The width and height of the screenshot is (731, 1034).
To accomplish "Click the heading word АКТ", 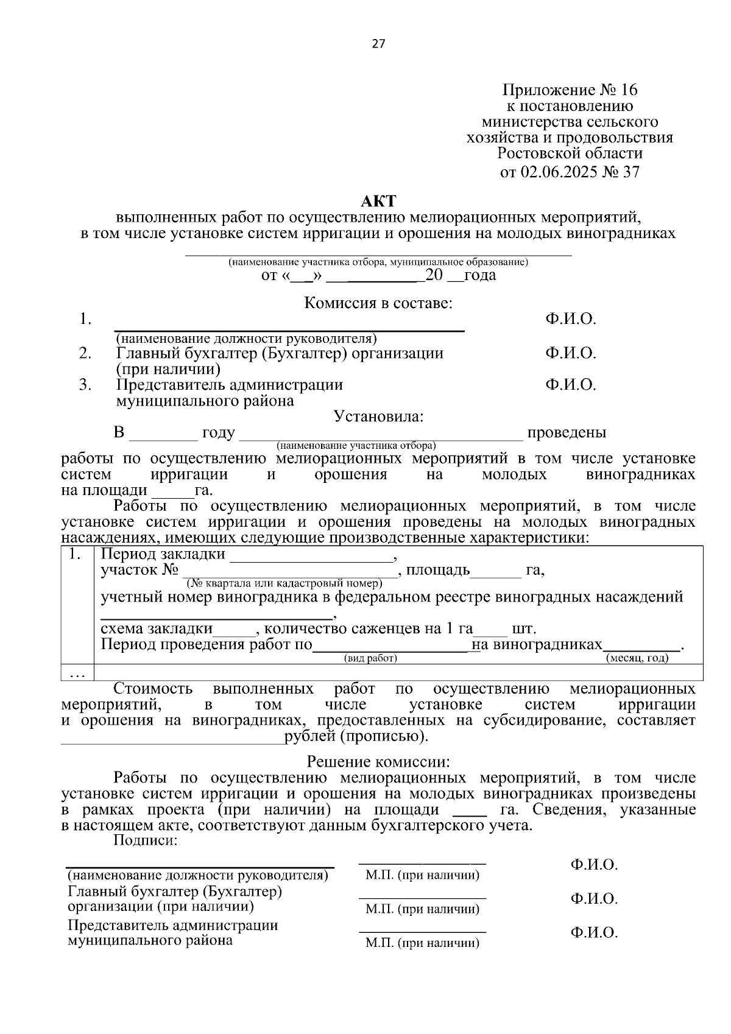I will click(378, 201).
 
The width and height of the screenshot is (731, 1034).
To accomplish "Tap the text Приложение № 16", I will click(570, 90).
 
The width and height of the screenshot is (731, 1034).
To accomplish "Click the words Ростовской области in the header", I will click(570, 153).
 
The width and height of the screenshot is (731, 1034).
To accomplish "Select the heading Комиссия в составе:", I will click(378, 303).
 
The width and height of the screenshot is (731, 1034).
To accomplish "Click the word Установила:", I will click(378, 417).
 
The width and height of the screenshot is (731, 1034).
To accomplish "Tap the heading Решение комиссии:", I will click(378, 761).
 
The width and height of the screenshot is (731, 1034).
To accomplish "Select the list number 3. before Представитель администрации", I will click(85, 385).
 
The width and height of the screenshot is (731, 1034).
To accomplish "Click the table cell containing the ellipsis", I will click(77, 673).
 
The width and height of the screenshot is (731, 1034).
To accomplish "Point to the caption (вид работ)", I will click(370, 658).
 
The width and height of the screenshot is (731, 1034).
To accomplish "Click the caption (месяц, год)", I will click(637, 658).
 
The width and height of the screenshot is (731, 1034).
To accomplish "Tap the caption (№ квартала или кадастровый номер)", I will click(284, 583).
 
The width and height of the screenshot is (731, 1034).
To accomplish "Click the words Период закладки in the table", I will click(163, 554).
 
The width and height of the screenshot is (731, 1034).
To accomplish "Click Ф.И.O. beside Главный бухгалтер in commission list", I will click(570, 353).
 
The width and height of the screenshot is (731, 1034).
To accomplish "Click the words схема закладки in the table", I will click(157, 628).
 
